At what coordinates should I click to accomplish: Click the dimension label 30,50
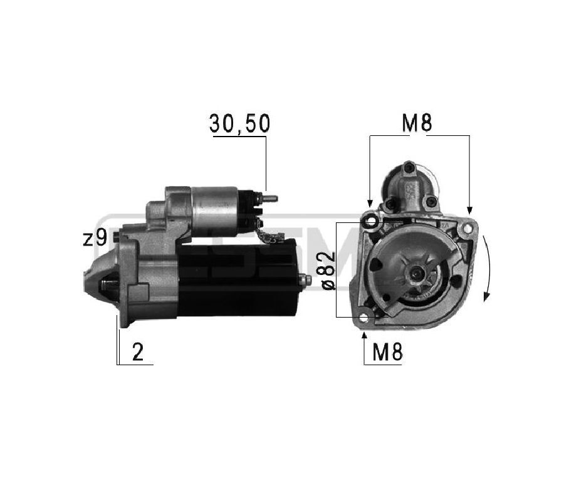(239, 123)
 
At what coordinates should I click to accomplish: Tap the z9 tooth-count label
(95, 237)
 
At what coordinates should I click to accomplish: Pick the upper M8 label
(417, 123)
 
